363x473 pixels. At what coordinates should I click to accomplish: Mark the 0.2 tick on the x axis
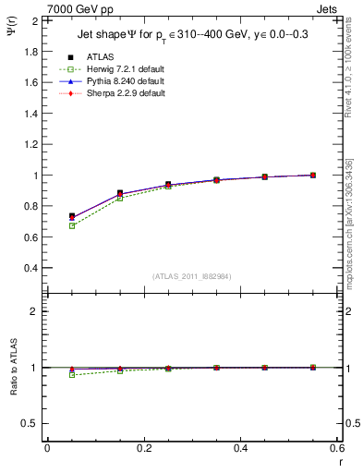[x=143, y=447]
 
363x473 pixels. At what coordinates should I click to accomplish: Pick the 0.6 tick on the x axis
[x=338, y=447]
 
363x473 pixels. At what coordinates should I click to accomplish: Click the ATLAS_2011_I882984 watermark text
[x=192, y=276]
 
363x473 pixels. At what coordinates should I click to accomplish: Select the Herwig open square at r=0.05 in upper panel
[x=71, y=225]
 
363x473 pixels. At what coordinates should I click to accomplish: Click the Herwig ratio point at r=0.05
[x=71, y=375]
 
